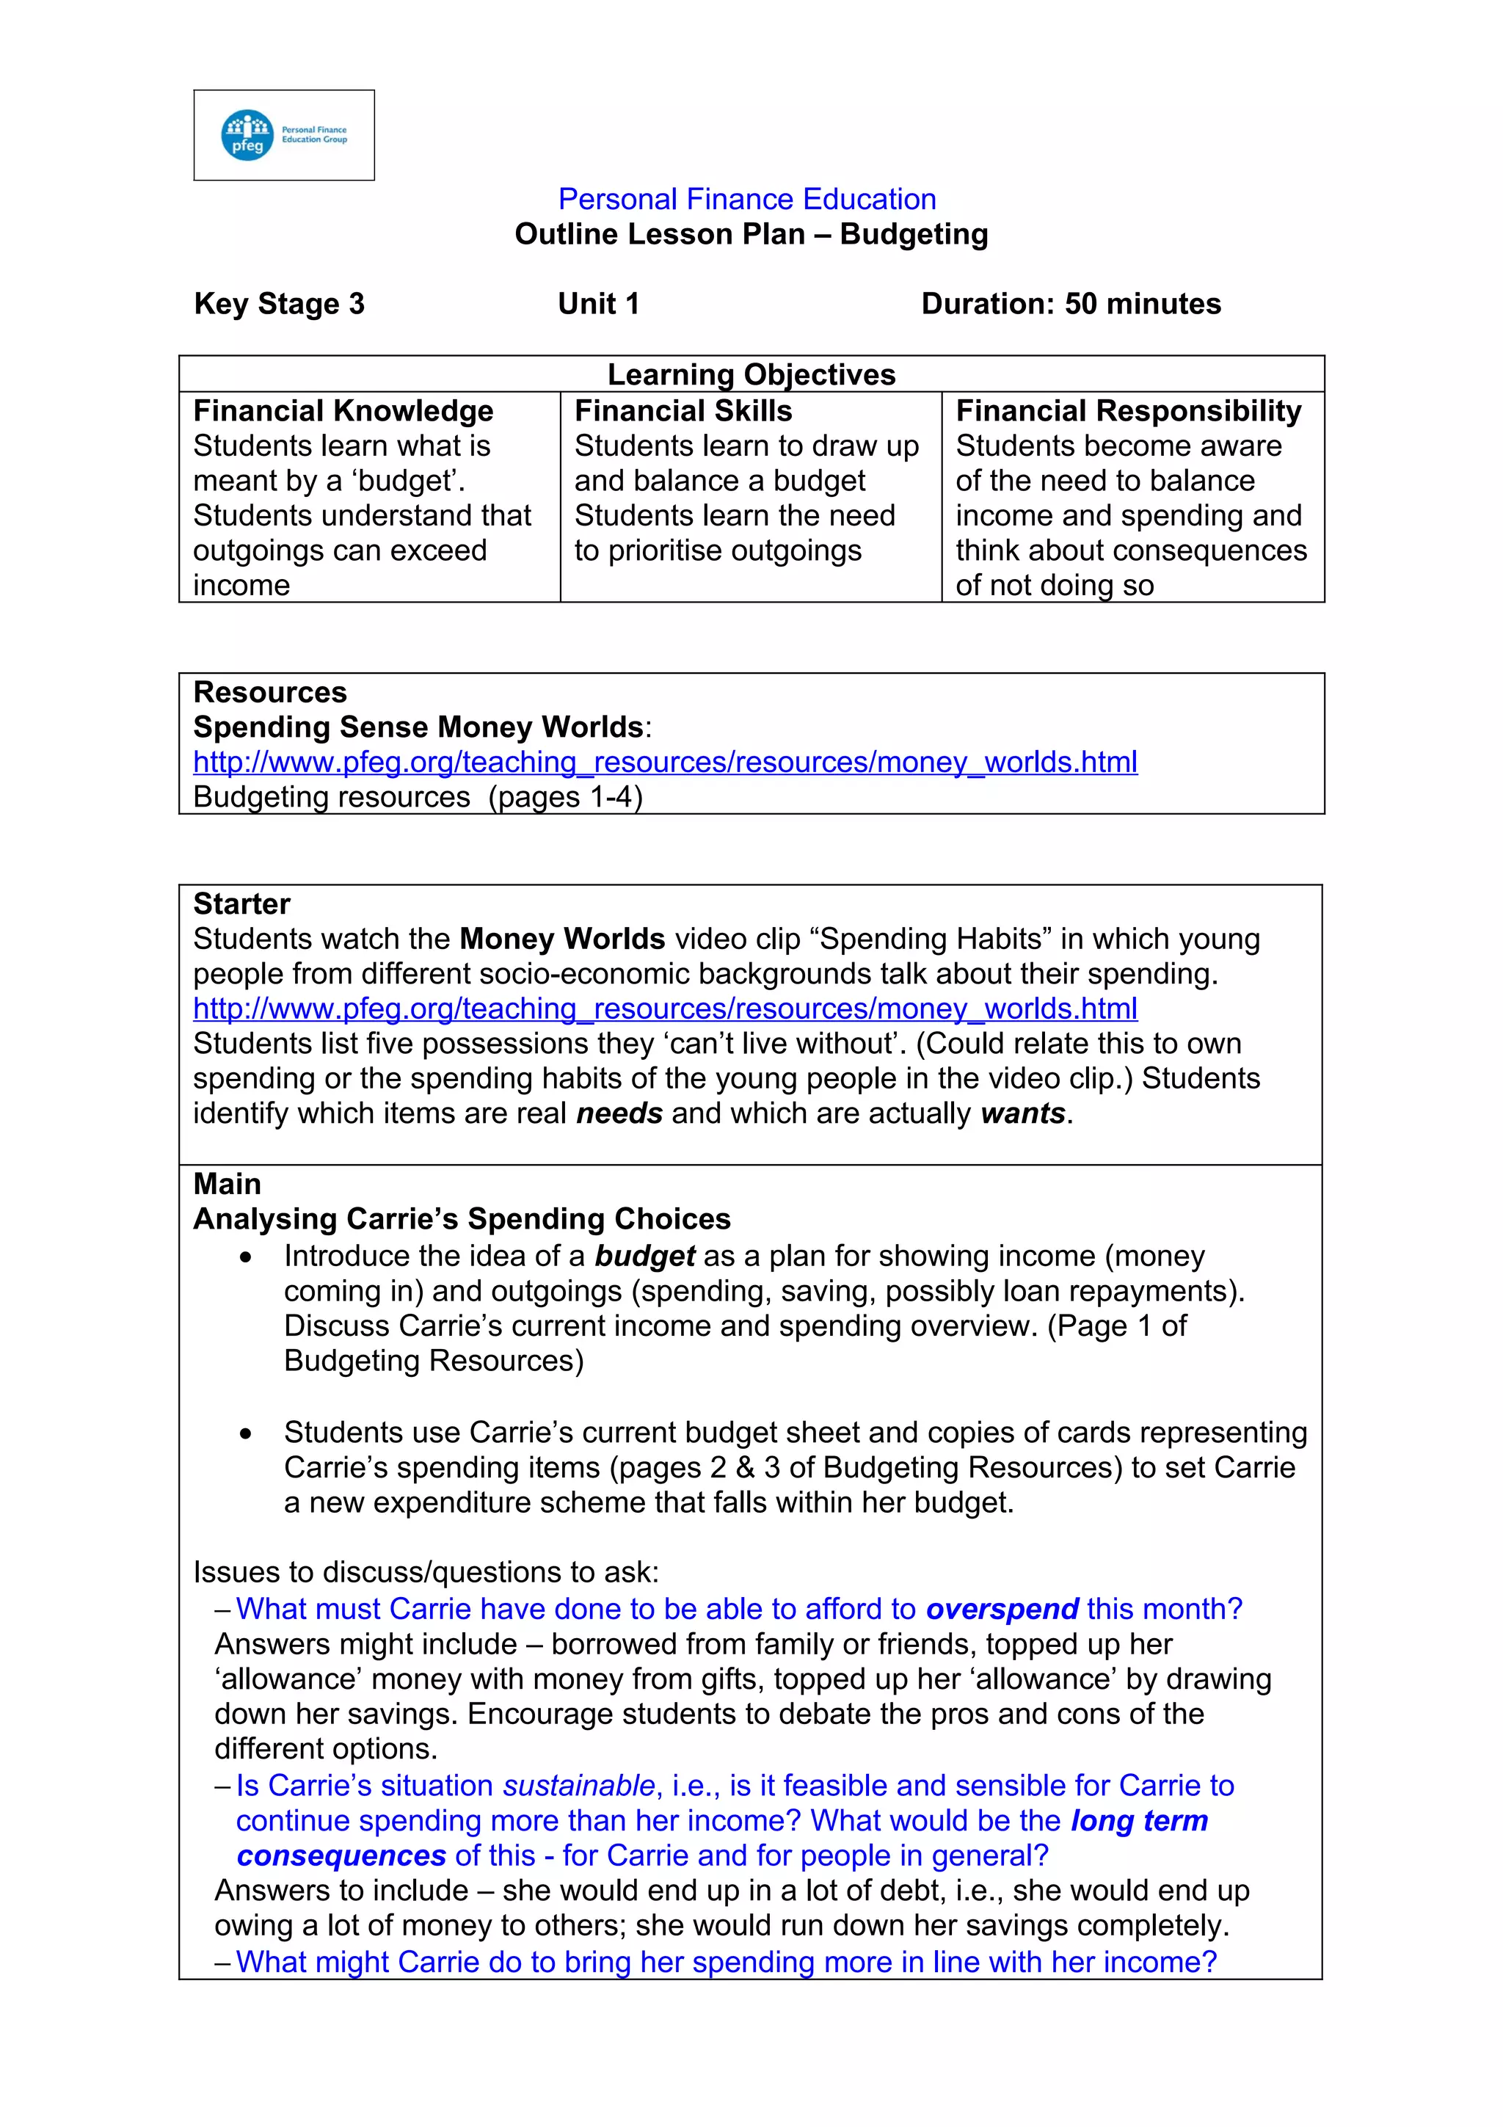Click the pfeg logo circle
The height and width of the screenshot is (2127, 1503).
click(247, 135)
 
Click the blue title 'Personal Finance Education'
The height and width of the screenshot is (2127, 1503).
click(746, 199)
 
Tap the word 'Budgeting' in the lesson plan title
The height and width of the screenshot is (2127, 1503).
click(913, 234)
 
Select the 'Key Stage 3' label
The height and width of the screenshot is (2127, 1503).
click(279, 304)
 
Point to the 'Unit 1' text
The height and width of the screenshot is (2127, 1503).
click(598, 304)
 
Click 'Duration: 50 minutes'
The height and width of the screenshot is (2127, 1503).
click(1071, 304)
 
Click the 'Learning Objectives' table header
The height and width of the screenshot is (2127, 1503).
click(751, 374)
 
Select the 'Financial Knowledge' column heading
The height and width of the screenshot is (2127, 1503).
click(343, 410)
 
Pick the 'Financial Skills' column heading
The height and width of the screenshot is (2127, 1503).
click(683, 410)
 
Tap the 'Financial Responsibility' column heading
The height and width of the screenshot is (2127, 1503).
click(1128, 410)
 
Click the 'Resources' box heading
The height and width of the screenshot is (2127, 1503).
click(269, 692)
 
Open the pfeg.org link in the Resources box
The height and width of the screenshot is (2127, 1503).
click(664, 762)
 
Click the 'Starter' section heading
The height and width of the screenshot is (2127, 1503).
click(241, 903)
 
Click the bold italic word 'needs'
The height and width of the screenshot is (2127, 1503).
click(619, 1113)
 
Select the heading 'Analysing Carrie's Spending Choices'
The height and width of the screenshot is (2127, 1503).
click(461, 1218)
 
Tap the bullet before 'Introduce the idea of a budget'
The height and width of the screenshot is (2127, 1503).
click(244, 1257)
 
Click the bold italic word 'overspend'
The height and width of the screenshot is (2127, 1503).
click(1002, 1609)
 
